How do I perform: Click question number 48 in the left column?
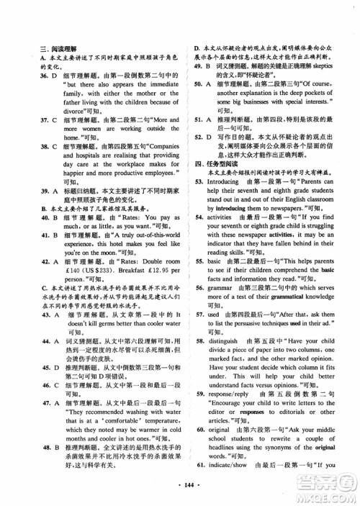45,447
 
